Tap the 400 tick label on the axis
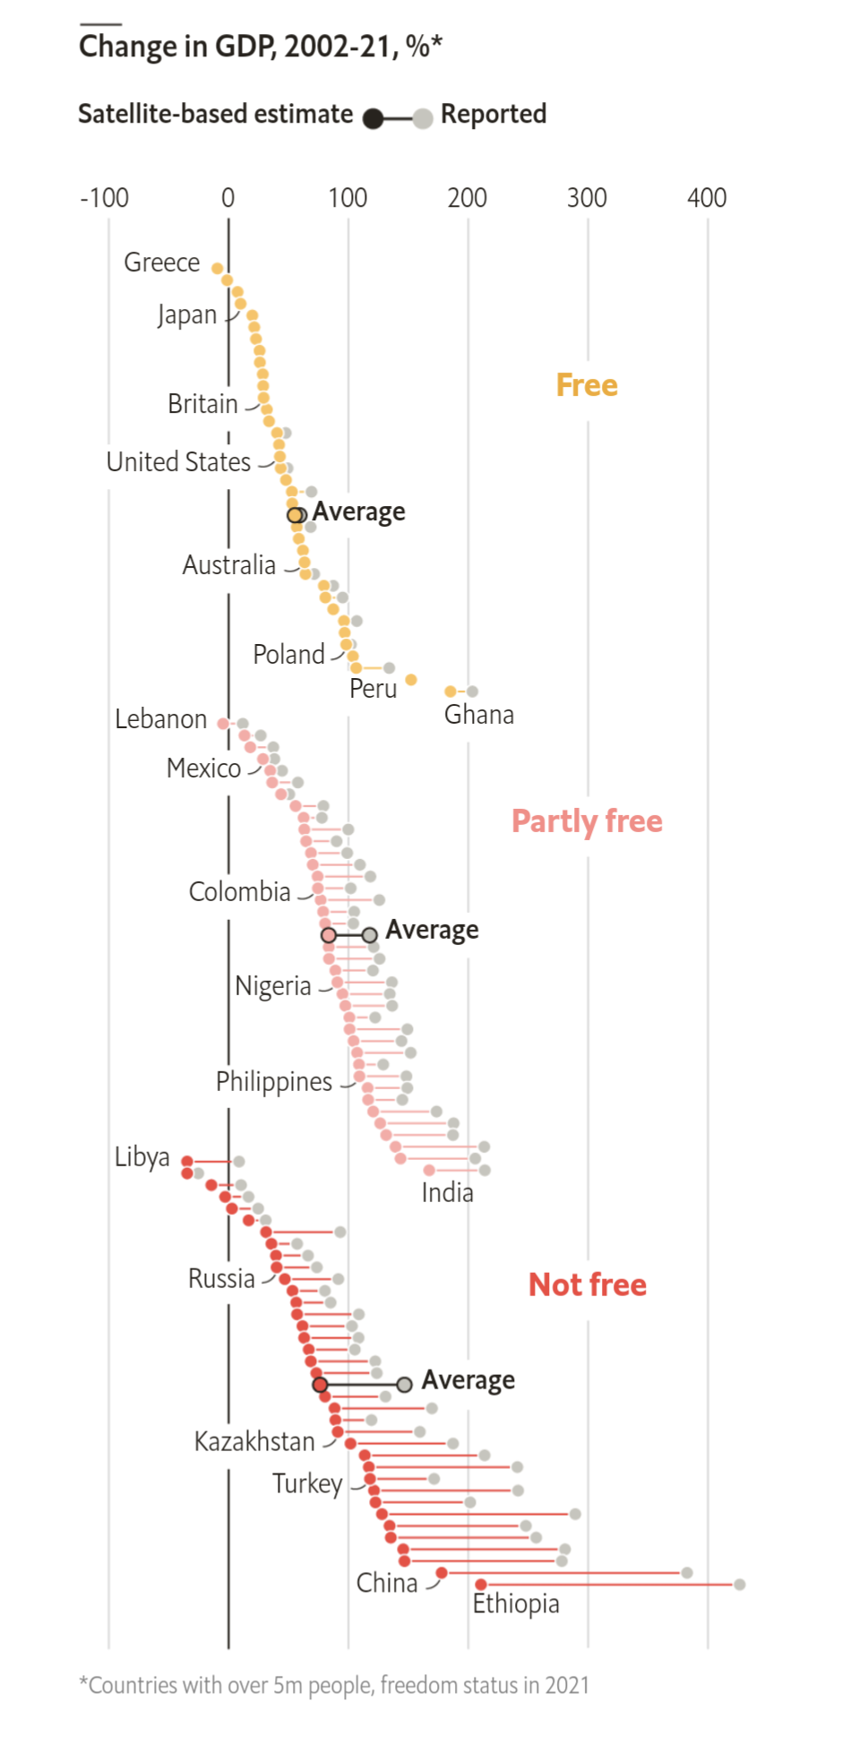(706, 198)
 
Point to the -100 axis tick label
(104, 198)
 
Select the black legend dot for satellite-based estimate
(374, 118)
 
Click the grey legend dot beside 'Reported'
(423, 118)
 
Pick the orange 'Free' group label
(587, 385)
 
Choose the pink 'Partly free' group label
(587, 821)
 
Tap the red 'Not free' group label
(587, 1284)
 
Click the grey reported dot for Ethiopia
(739, 1585)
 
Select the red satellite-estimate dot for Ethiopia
(481, 1585)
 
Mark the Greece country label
(161, 262)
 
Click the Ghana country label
(479, 715)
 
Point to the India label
(447, 1193)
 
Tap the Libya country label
(142, 1157)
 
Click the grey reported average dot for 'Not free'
(404, 1384)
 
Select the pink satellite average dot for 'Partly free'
(329, 935)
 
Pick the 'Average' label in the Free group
(358, 511)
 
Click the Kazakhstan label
(254, 1441)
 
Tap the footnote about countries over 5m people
(334, 1685)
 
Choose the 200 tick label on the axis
(467, 198)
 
